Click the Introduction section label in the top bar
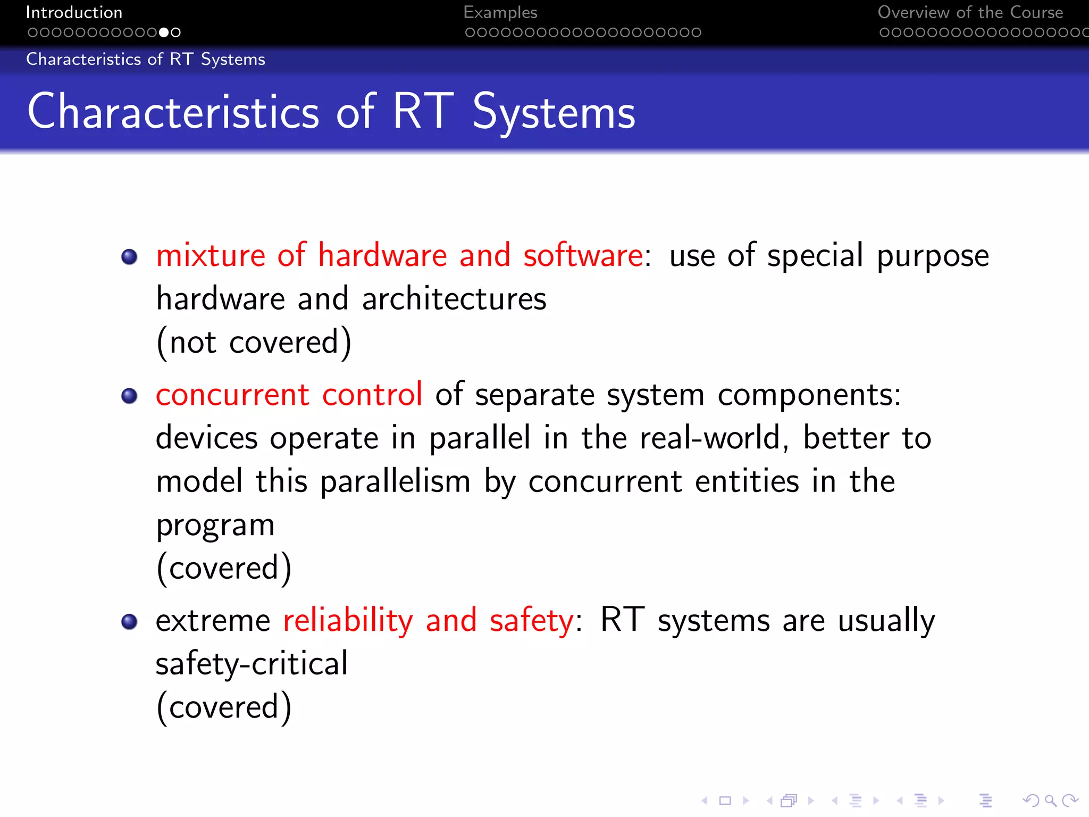click(74, 12)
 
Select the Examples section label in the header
click(500, 12)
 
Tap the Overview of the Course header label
click(970, 12)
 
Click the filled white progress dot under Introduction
click(164, 32)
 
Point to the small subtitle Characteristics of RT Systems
click(145, 59)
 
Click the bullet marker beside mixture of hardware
click(129, 257)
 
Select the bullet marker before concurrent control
click(129, 396)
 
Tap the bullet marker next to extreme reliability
click(129, 621)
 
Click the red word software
click(583, 255)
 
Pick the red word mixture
click(211, 255)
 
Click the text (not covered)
click(254, 342)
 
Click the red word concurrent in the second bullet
click(232, 395)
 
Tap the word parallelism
click(395, 481)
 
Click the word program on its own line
click(215, 526)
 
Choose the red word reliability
click(348, 621)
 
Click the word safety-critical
click(252, 664)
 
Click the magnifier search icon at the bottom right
click(1050, 800)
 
